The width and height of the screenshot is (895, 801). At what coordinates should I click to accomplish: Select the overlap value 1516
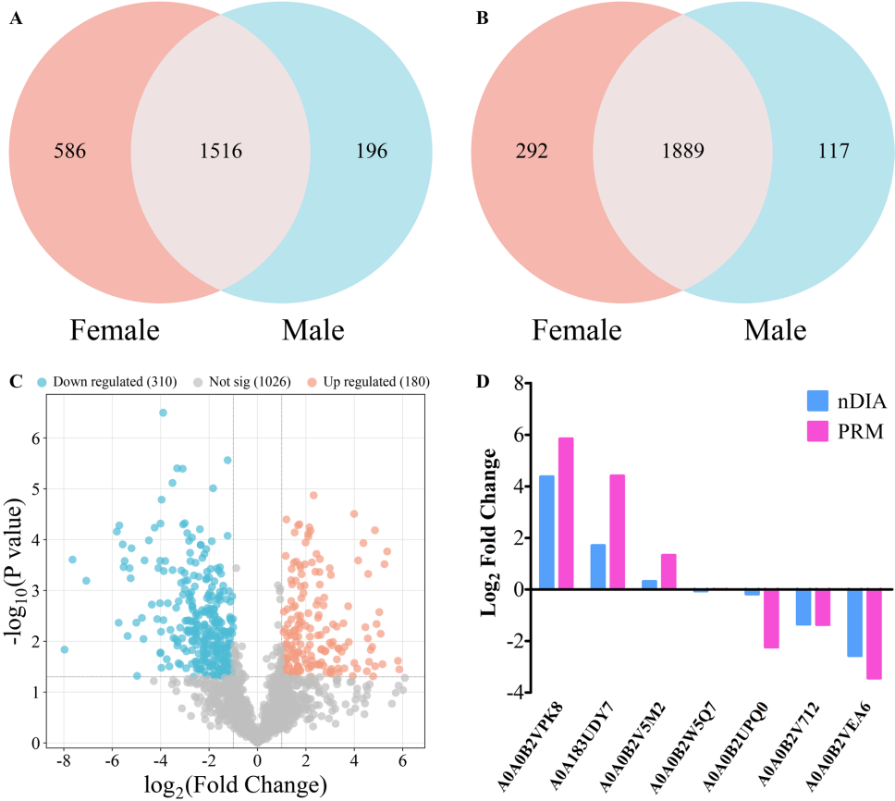(220, 151)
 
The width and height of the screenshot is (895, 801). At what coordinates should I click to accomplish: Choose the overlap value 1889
(684, 151)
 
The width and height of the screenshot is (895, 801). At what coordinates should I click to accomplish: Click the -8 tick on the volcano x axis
(63, 760)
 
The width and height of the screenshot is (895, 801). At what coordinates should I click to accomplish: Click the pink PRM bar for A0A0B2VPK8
(566, 513)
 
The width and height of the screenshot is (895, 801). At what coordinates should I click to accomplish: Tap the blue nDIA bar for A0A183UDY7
(598, 566)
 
